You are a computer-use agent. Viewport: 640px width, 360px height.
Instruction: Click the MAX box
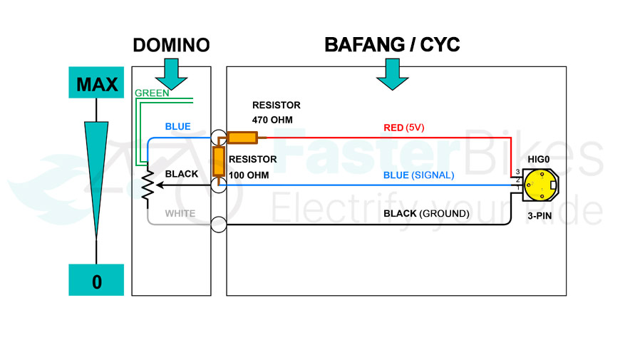click(96, 83)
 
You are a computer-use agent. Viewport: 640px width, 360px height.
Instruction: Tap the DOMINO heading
click(171, 46)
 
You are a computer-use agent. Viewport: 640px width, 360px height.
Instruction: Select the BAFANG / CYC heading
click(392, 45)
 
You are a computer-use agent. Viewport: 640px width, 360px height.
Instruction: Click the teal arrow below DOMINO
click(171, 73)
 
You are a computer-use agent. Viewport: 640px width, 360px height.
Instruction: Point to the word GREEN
click(152, 93)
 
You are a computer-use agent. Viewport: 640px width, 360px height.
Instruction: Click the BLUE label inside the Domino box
click(177, 127)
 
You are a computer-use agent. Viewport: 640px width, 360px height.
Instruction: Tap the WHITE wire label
click(180, 213)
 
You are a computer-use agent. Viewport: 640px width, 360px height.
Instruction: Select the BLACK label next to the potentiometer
click(181, 174)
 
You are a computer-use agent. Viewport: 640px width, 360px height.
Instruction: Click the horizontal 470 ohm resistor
click(242, 138)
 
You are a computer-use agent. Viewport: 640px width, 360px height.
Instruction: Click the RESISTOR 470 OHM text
click(277, 113)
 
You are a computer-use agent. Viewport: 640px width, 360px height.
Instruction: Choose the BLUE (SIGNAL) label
click(419, 175)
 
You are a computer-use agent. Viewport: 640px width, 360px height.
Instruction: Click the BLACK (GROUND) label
click(426, 213)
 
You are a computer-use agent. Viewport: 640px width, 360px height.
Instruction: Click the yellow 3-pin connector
click(539, 187)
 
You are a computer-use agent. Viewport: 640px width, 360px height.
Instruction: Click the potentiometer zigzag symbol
click(147, 185)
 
